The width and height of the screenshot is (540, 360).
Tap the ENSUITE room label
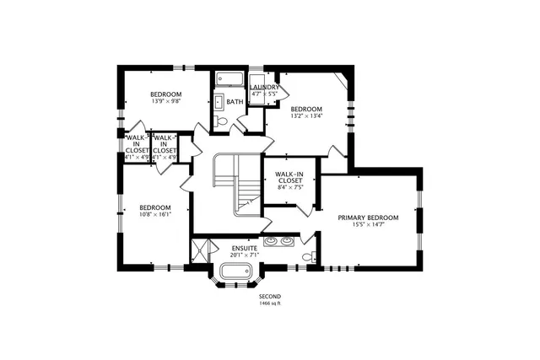click(x=245, y=249)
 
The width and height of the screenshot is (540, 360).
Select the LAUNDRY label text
click(x=264, y=87)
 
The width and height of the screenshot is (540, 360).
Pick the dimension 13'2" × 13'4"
click(x=306, y=117)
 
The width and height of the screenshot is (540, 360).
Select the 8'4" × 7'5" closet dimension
click(x=289, y=187)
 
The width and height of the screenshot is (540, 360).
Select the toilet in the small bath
click(x=222, y=121)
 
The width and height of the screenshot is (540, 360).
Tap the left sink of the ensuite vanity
click(x=272, y=242)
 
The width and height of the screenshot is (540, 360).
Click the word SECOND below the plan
click(x=269, y=297)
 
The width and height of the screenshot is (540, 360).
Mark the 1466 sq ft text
click(x=269, y=304)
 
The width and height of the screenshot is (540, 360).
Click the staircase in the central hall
click(x=236, y=181)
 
